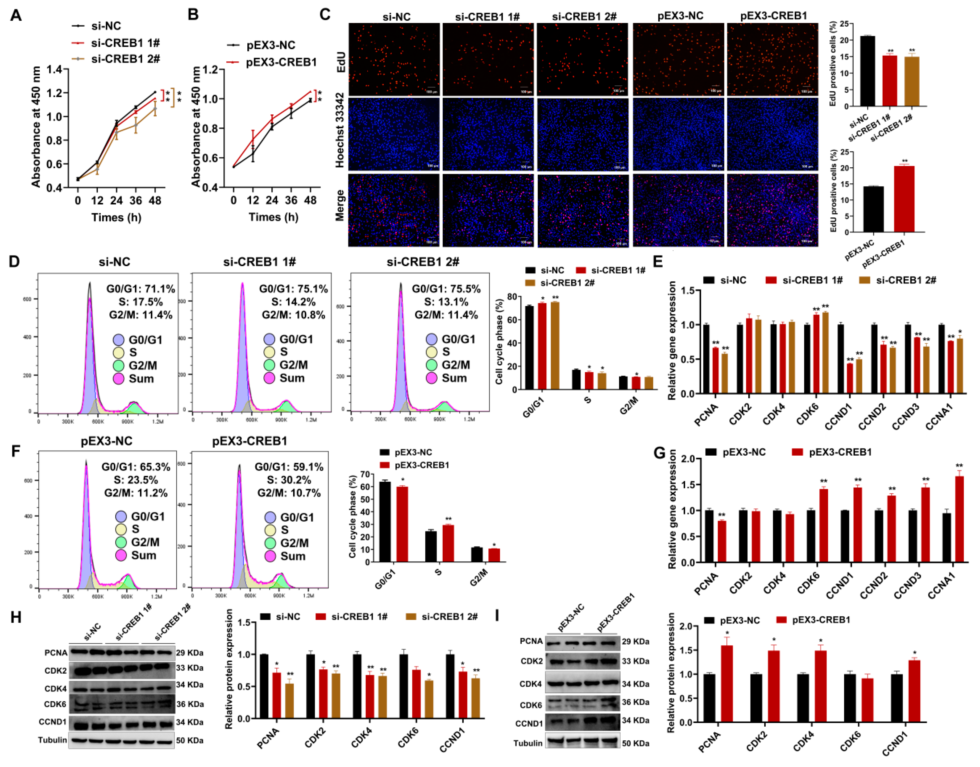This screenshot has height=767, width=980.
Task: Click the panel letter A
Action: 16,15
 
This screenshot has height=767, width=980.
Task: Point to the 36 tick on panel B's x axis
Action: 291,200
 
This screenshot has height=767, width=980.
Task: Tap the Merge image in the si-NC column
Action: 394,210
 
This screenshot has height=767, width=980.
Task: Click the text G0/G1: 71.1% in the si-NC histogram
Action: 140,289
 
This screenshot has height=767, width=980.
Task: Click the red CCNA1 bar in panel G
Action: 959,519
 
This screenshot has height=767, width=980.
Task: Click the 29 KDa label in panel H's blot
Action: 189,653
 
